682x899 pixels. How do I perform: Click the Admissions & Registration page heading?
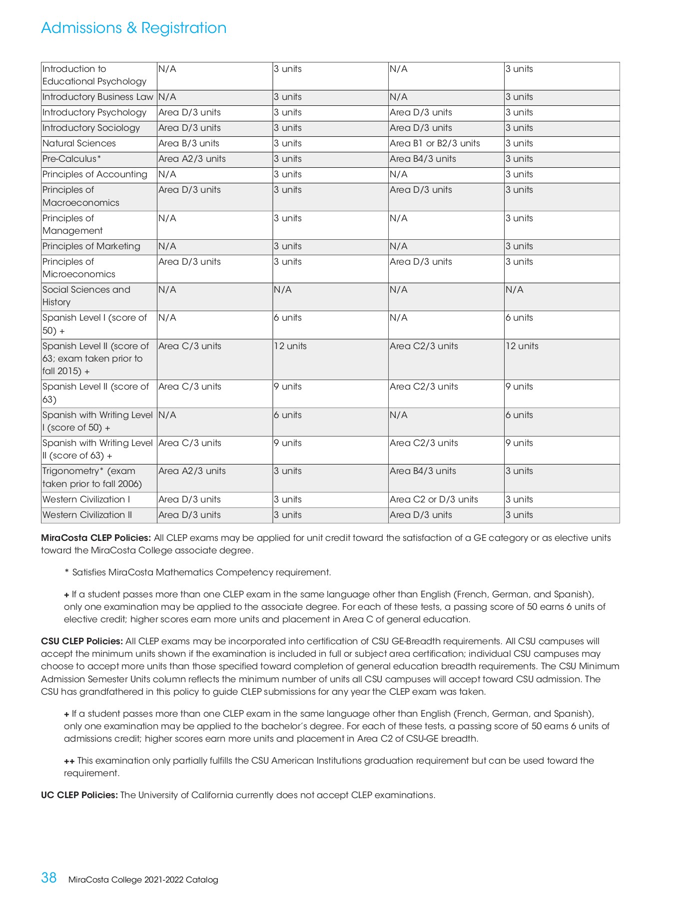pos(133,28)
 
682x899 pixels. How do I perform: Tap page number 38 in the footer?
pos(49,878)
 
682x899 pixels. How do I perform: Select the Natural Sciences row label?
pos(79,143)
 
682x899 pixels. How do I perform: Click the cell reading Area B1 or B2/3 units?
pos(435,143)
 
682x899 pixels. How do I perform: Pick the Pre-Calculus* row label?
pos(71,159)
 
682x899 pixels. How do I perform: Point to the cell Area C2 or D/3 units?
pos(434,499)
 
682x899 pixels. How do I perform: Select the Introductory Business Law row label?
pos(97,97)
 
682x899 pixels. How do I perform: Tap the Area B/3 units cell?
pos(189,143)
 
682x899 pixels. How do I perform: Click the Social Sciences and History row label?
pos(86,296)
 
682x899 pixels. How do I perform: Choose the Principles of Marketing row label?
pos(91,246)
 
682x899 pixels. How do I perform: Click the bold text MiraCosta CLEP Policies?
pos(96,538)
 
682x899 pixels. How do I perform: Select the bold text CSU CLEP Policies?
pos(82,641)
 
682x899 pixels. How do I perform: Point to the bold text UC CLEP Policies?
pos(79,795)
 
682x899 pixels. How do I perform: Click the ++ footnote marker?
pos(69,761)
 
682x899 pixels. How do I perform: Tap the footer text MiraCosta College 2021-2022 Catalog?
pos(143,880)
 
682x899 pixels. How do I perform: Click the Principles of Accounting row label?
pos(94,174)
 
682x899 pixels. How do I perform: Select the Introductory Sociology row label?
pos(91,128)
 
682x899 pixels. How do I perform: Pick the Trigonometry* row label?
pos(92,477)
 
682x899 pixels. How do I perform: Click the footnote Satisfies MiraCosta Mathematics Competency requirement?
pos(201,572)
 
